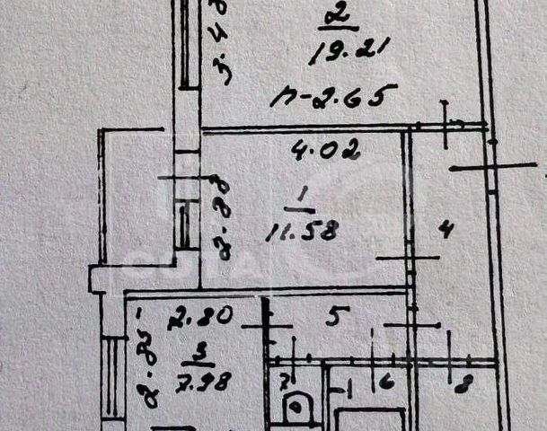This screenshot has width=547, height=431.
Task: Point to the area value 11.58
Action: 301,232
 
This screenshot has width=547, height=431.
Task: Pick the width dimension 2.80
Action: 207,316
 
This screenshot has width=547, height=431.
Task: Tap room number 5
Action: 333,316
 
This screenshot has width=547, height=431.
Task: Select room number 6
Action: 386,383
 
